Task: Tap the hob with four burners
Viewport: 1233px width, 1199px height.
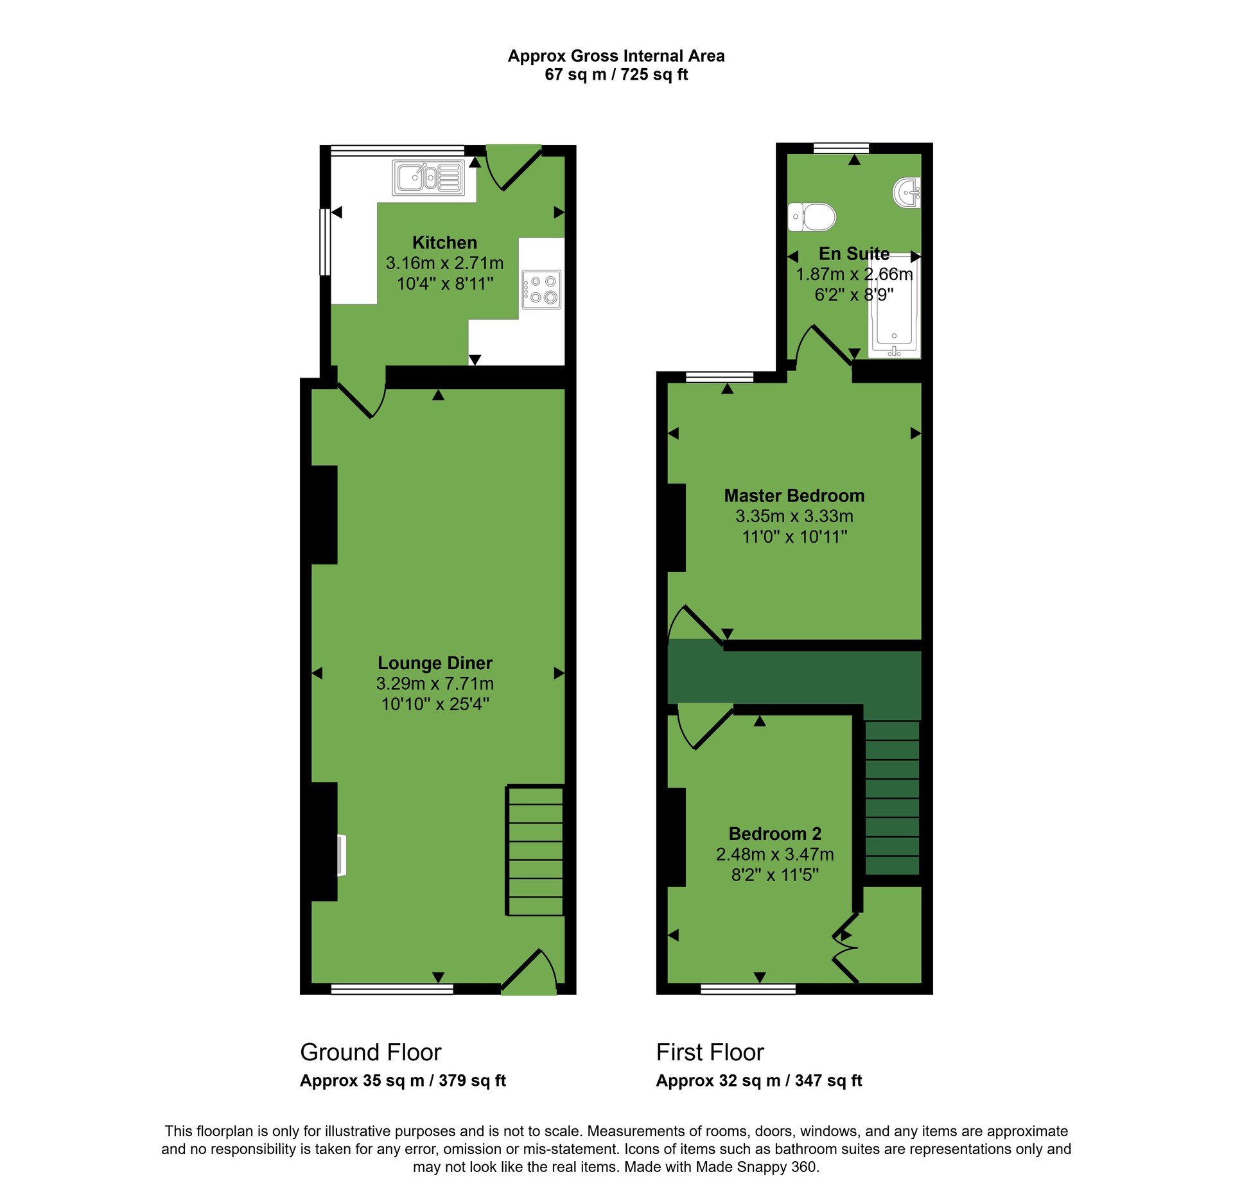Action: (541, 290)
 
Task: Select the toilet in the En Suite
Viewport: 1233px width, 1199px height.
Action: (812, 216)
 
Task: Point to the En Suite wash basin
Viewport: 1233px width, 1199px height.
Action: (907, 192)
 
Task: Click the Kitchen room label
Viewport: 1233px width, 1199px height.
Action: (444, 243)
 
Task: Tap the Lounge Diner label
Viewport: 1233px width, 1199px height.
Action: (435, 663)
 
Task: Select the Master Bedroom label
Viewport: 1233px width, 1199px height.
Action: (794, 496)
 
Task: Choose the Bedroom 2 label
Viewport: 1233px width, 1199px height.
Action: (775, 834)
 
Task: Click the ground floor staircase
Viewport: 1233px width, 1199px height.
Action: (536, 850)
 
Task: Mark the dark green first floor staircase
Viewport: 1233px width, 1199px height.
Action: (892, 797)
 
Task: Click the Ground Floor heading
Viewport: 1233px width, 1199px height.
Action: (371, 1053)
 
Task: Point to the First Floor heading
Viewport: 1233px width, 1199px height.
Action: (710, 1053)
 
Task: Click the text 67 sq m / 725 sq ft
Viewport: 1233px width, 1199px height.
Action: (616, 74)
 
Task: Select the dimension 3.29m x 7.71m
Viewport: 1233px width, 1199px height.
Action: (435, 683)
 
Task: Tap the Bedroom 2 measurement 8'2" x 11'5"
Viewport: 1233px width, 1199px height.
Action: (775, 875)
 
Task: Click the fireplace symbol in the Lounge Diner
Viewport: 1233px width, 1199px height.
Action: (342, 855)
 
